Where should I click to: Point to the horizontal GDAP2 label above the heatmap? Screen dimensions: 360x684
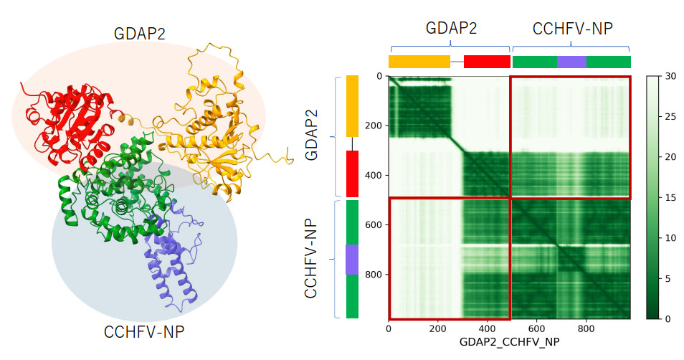[451, 28]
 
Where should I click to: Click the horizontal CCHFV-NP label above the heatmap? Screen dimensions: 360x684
[572, 28]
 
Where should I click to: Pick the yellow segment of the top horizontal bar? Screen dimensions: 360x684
[419, 62]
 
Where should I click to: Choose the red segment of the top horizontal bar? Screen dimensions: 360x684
[487, 62]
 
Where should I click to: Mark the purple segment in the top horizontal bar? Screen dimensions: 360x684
[571, 62]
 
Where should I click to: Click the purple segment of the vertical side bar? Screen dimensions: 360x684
[352, 260]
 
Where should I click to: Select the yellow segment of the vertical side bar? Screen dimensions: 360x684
[352, 106]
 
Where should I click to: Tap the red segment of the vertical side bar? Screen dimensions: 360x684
[352, 174]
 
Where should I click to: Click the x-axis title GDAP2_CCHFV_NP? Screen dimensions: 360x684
[509, 343]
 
